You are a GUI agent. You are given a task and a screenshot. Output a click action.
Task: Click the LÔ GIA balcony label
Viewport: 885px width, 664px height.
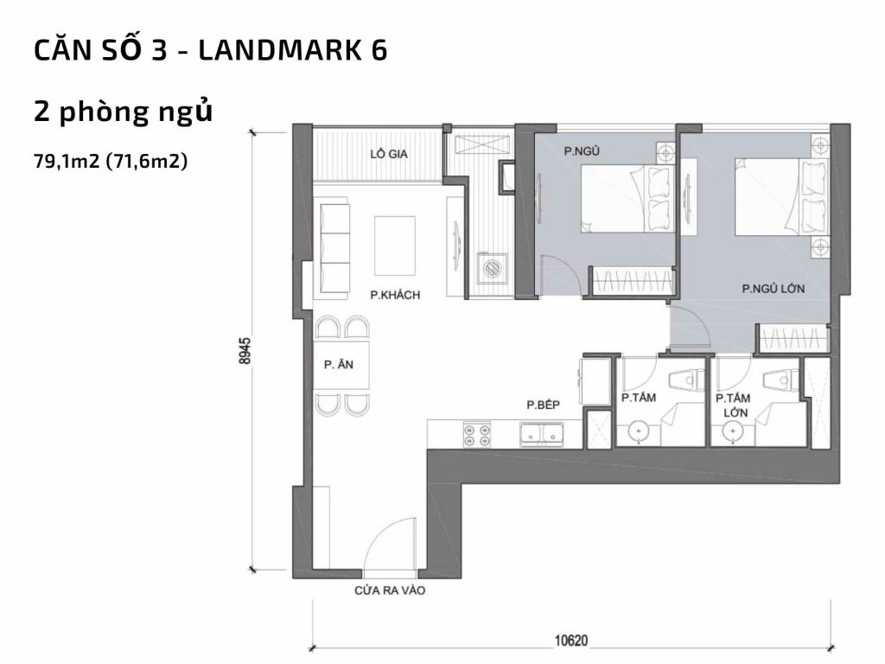tap(388, 154)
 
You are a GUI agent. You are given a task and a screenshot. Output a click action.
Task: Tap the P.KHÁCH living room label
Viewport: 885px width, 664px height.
tap(395, 296)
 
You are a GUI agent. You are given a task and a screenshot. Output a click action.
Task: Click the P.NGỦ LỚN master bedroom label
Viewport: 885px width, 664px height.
tap(774, 290)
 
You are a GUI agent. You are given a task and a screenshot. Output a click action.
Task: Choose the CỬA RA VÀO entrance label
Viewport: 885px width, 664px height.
tap(391, 592)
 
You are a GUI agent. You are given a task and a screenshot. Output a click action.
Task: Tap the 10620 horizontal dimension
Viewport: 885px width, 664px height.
tap(570, 641)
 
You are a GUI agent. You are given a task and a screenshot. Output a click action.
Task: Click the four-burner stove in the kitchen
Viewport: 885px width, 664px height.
tap(476, 434)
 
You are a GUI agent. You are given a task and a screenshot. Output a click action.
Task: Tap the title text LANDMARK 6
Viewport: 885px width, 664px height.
tap(293, 52)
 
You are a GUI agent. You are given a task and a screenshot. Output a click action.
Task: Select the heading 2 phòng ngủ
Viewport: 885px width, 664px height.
tap(123, 112)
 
